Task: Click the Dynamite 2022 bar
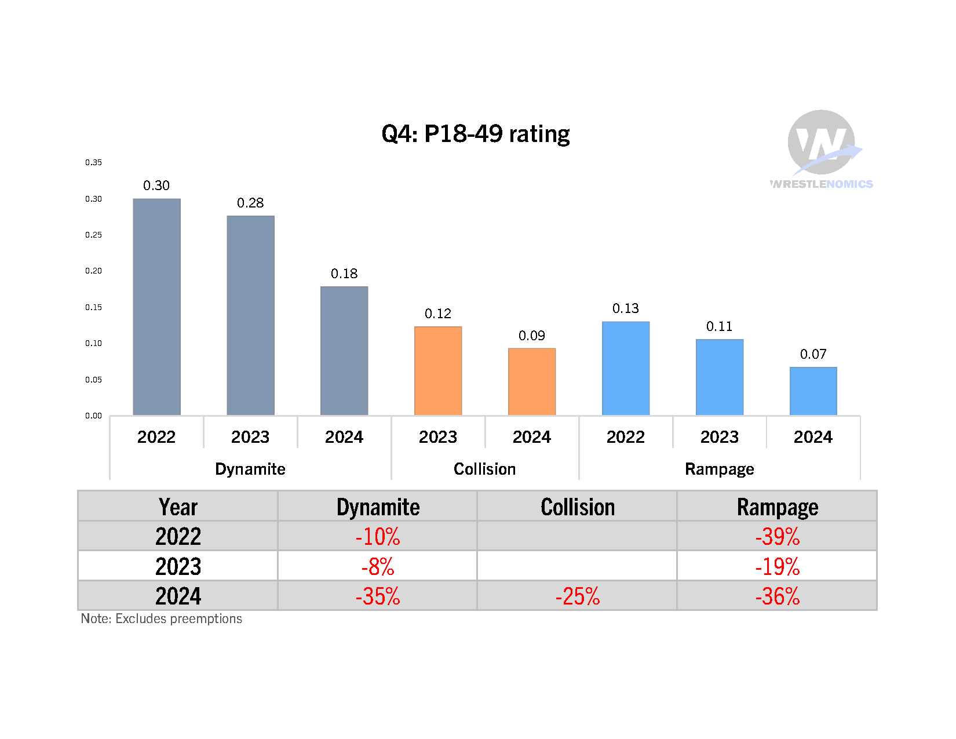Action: point(156,307)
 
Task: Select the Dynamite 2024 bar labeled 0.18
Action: point(344,351)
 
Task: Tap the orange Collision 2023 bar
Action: point(438,371)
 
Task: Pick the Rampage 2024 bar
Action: point(813,391)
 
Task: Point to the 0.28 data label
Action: point(250,203)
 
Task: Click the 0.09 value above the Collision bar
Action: point(532,336)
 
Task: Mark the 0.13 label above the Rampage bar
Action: point(626,308)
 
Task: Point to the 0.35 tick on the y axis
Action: point(93,162)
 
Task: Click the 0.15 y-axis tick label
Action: point(93,307)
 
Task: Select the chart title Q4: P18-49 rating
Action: point(476,134)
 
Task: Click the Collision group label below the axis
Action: point(484,469)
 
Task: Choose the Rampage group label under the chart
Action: point(719,469)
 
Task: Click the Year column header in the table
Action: point(178,507)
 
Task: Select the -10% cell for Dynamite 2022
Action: point(378,537)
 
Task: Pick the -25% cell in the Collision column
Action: point(578,596)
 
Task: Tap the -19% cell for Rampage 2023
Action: point(777,566)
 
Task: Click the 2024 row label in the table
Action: point(178,596)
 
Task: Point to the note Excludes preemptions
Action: point(162,619)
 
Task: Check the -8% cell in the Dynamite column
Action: point(378,566)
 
